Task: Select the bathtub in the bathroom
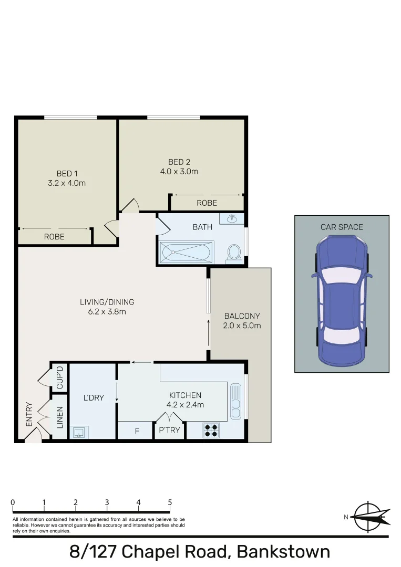tap(186, 253)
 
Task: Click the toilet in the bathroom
tap(234, 253)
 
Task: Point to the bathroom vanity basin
tap(232, 218)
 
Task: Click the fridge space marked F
tap(137, 431)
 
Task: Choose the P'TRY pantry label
tap(169, 431)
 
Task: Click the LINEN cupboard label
tap(59, 417)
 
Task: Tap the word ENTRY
tap(29, 414)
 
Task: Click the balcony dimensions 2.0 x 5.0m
tap(242, 325)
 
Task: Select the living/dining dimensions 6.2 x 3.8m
tap(107, 311)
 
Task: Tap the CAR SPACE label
tap(342, 227)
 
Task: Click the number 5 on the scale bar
tap(170, 502)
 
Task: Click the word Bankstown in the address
tap(283, 552)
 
